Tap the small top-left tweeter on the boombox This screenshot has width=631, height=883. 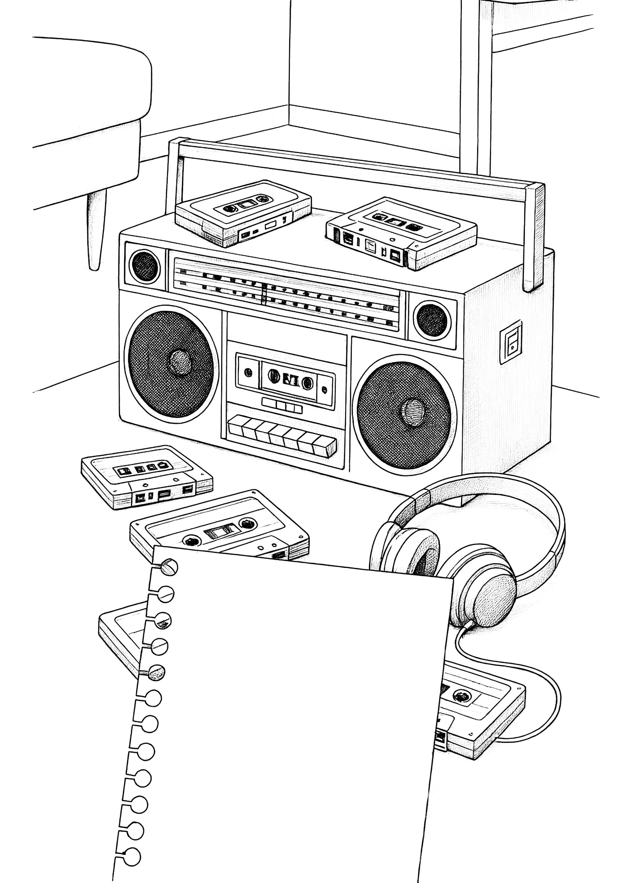[145, 267]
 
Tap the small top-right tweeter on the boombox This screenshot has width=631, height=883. [432, 319]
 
